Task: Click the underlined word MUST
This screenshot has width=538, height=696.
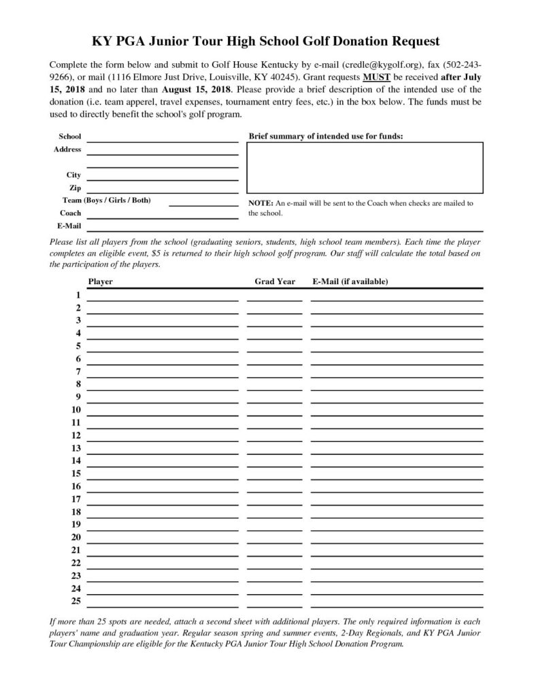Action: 376,77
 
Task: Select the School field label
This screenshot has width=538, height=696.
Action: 70,137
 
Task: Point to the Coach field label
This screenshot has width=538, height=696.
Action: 70,213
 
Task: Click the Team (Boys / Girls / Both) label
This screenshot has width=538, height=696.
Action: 107,201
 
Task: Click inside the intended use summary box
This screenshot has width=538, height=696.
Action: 365,167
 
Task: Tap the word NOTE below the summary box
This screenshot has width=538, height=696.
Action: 260,203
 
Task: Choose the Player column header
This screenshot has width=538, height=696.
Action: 101,281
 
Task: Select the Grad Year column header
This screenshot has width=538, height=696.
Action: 275,281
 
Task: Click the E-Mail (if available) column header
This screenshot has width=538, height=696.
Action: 350,281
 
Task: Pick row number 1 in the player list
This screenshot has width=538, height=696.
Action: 78,295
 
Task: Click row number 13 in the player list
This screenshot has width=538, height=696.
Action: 76,448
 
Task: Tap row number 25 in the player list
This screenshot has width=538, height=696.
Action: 76,601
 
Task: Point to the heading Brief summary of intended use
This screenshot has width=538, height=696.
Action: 325,137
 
